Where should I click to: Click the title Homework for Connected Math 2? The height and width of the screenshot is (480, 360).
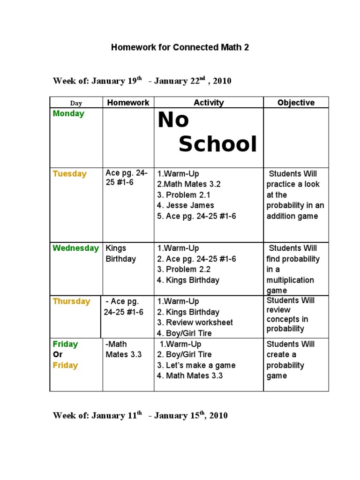(180, 47)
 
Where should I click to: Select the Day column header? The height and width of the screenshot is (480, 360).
(76, 103)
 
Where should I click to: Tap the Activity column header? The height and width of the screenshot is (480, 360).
(209, 103)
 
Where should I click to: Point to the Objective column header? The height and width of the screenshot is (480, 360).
(296, 103)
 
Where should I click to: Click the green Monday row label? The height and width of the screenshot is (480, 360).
(68, 113)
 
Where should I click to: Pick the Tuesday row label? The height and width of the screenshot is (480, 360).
(70, 174)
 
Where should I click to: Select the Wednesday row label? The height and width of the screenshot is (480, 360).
(75, 248)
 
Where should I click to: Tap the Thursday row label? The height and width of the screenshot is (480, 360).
(71, 301)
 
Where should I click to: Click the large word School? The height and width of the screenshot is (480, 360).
(218, 144)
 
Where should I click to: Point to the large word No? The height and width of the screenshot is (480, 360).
(173, 120)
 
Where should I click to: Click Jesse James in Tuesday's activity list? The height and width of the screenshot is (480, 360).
(189, 205)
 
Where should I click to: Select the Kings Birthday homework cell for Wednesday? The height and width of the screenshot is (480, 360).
(120, 253)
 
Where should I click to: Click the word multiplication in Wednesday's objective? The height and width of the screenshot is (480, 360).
(290, 280)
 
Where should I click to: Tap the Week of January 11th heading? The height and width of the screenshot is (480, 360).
(140, 416)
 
